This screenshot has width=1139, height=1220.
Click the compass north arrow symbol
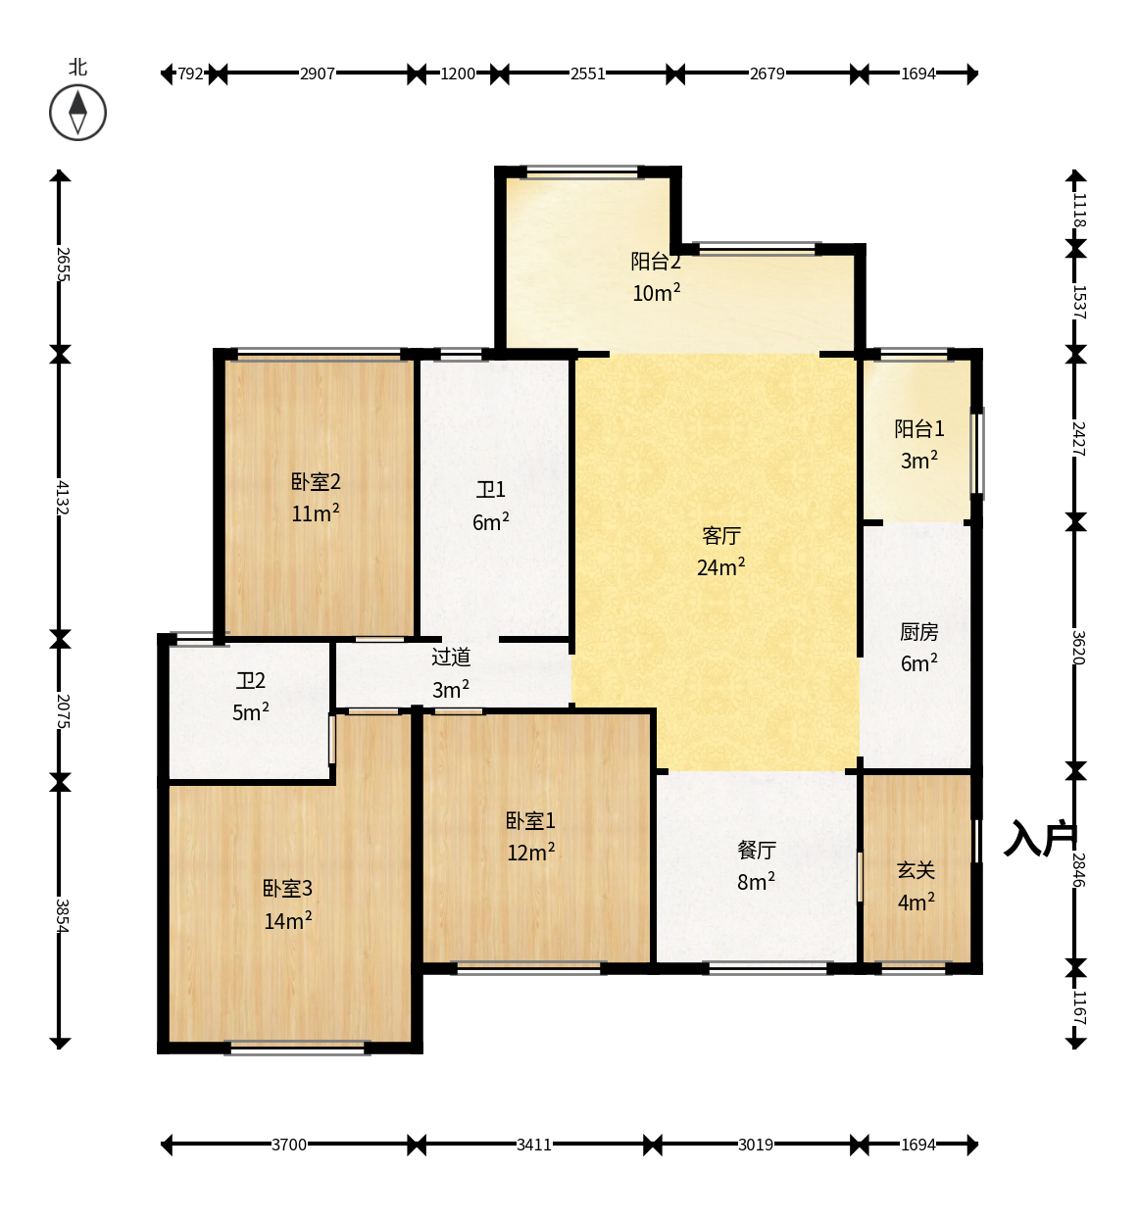tap(77, 113)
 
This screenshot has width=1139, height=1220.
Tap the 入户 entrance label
tap(1041, 838)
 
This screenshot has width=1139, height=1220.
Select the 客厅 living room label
tap(721, 536)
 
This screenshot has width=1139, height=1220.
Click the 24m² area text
tap(721, 566)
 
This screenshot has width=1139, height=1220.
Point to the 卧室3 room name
tap(287, 888)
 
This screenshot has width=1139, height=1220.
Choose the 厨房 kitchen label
tap(919, 631)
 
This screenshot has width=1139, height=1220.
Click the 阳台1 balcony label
tap(919, 429)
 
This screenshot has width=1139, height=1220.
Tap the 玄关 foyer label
tap(916, 870)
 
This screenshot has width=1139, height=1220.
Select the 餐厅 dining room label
tap(756, 851)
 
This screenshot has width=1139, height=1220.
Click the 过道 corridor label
tap(451, 657)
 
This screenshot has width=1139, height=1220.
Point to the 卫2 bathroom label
tap(251, 681)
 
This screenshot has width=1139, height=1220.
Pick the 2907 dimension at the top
tap(318, 73)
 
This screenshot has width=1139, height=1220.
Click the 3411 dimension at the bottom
tap(533, 1146)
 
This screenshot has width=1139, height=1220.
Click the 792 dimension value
tap(190, 73)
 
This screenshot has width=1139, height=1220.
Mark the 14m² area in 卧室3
tap(287, 920)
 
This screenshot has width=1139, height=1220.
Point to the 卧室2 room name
tap(316, 481)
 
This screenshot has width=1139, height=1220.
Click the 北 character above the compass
tap(77, 67)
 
